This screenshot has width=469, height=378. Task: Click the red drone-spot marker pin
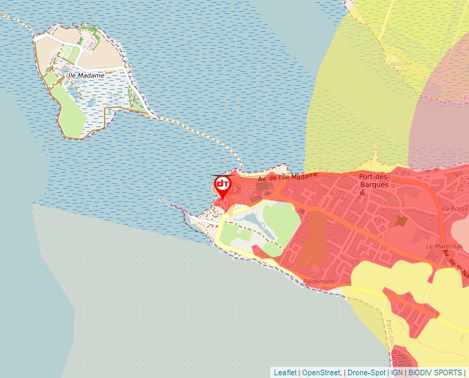[222, 185]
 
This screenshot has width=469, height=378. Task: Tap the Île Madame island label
[86, 75]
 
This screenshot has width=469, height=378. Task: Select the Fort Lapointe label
[392, 64]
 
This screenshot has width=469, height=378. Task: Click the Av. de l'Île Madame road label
[288, 178]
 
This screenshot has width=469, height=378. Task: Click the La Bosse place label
[455, 208]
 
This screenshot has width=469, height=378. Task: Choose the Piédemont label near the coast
[318, 282]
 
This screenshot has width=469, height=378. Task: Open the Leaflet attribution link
[285, 372]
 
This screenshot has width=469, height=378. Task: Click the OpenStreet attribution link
[321, 372]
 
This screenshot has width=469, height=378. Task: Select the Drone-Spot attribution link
[366, 372]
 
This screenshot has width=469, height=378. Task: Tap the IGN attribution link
[397, 372]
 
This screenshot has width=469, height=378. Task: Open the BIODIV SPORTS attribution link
[435, 372]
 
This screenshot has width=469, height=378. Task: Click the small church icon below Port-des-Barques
[363, 193]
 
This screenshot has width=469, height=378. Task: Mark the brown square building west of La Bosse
[401, 220]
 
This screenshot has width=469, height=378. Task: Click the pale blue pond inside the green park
[257, 223]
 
